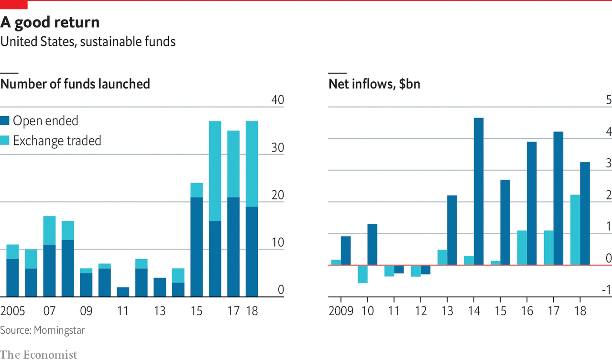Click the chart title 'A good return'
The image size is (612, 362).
coord(50,22)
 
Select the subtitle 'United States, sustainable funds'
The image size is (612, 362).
coord(88,42)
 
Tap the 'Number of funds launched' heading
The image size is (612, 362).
coord(75,84)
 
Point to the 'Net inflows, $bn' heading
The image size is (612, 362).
coord(374,84)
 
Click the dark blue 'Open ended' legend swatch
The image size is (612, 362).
coord(5,121)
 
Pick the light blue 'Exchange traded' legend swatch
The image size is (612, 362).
coord(5,141)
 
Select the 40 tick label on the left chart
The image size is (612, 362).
coord(277,100)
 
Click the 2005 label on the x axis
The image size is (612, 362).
coord(13,311)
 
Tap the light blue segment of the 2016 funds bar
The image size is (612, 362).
coord(215,171)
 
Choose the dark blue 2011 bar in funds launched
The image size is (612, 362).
coord(123,292)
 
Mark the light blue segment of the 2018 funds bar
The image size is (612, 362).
coord(252,164)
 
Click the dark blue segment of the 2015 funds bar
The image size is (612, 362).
coord(197,247)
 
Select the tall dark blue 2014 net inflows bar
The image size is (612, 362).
coord(479,191)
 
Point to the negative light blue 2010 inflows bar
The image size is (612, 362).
coord(362,274)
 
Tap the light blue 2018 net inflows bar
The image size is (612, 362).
coord(575,230)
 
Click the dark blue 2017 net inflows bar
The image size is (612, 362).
coord(558,198)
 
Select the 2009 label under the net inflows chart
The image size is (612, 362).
coord(341,311)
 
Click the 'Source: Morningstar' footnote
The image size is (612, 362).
coord(43,330)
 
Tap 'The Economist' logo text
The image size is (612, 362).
coord(38,354)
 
